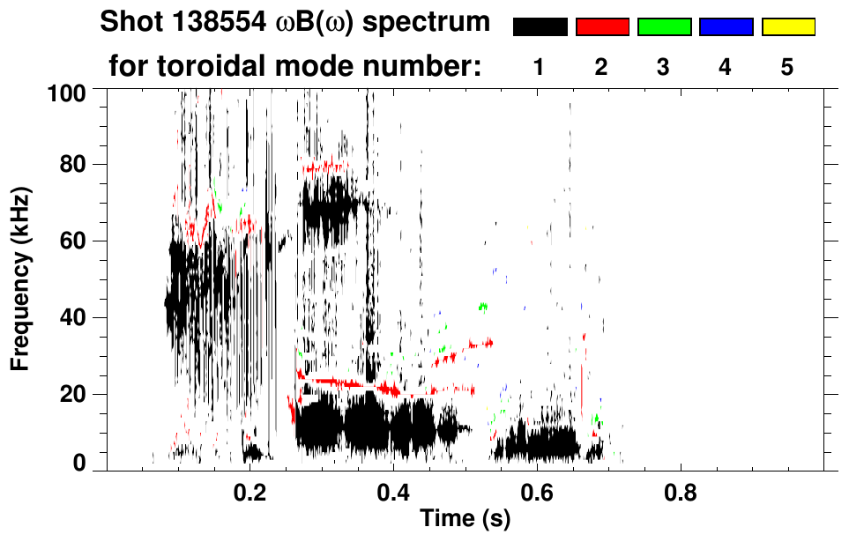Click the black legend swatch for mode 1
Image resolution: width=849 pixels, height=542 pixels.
tap(540, 27)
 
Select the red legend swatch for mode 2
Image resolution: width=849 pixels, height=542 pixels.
tap(602, 27)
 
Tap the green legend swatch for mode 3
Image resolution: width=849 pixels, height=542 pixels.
tap(664, 27)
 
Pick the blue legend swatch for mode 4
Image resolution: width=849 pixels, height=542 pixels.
tap(726, 27)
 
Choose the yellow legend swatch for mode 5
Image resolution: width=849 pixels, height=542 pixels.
tap(788, 27)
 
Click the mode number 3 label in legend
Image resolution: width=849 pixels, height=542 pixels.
tap(663, 68)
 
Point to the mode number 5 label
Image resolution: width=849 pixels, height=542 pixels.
tap(787, 68)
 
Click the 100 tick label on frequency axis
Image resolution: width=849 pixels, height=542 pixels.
tap(68, 91)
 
